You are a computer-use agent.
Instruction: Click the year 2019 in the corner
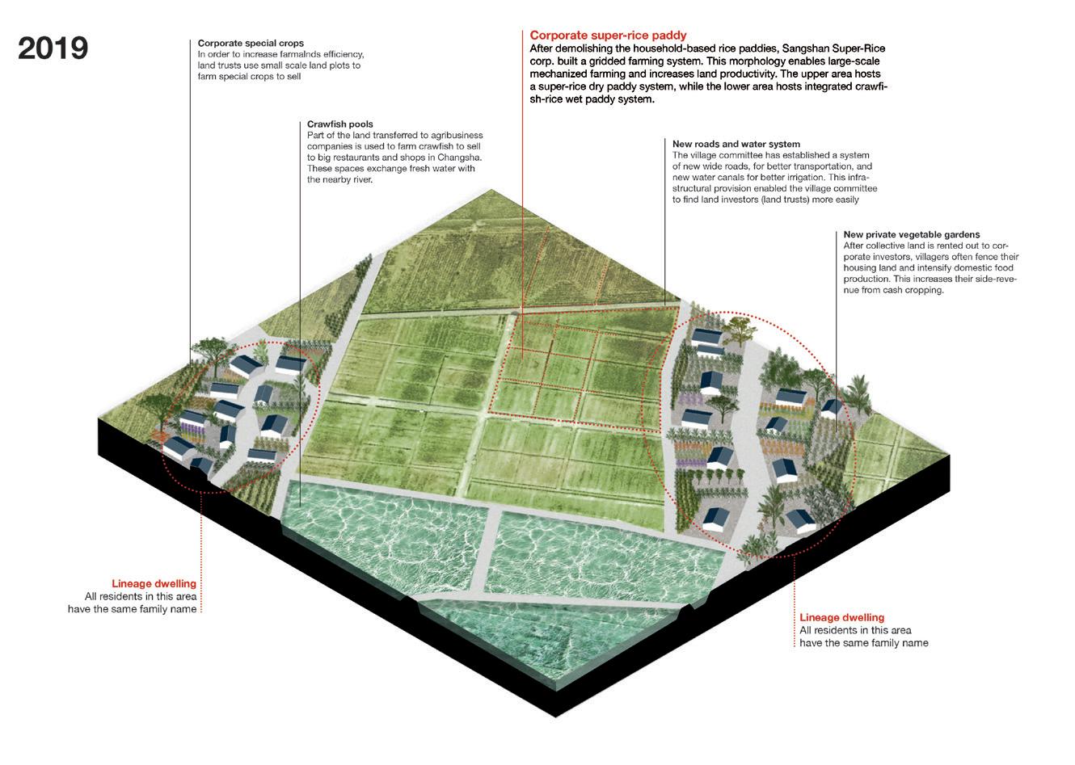pos(53,48)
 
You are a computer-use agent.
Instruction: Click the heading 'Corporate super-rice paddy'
pos(608,36)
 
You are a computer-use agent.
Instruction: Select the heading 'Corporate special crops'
pos(245,43)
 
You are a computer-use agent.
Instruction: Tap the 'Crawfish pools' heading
pos(340,124)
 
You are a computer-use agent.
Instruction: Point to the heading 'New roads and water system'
pos(736,145)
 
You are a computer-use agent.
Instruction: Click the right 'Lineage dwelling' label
pos(842,618)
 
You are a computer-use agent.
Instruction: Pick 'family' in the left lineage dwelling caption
pos(156,609)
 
